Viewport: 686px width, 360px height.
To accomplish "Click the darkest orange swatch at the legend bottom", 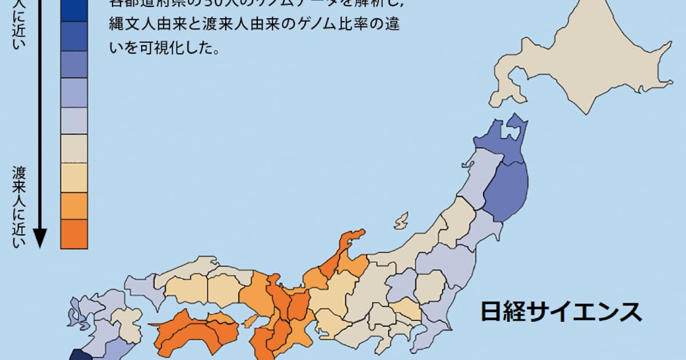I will [74, 234].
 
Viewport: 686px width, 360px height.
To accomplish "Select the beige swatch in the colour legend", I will [74, 149].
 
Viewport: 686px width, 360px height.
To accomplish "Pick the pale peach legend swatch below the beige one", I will [74, 177].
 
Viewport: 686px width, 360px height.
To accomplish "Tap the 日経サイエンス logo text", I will [561, 312].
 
